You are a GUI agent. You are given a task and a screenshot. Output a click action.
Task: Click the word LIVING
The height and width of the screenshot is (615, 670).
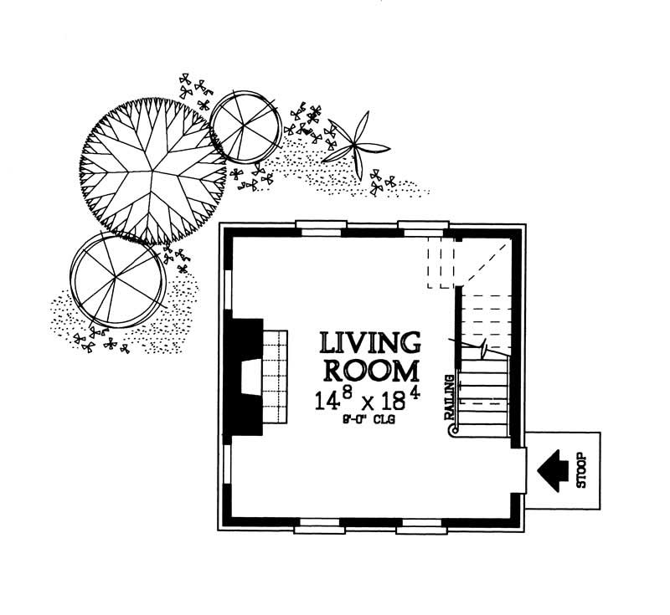click(369, 342)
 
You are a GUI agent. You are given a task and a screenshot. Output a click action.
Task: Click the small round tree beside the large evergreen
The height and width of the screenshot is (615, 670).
click(245, 126)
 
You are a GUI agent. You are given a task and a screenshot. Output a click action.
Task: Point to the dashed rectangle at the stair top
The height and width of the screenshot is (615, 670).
click(441, 263)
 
